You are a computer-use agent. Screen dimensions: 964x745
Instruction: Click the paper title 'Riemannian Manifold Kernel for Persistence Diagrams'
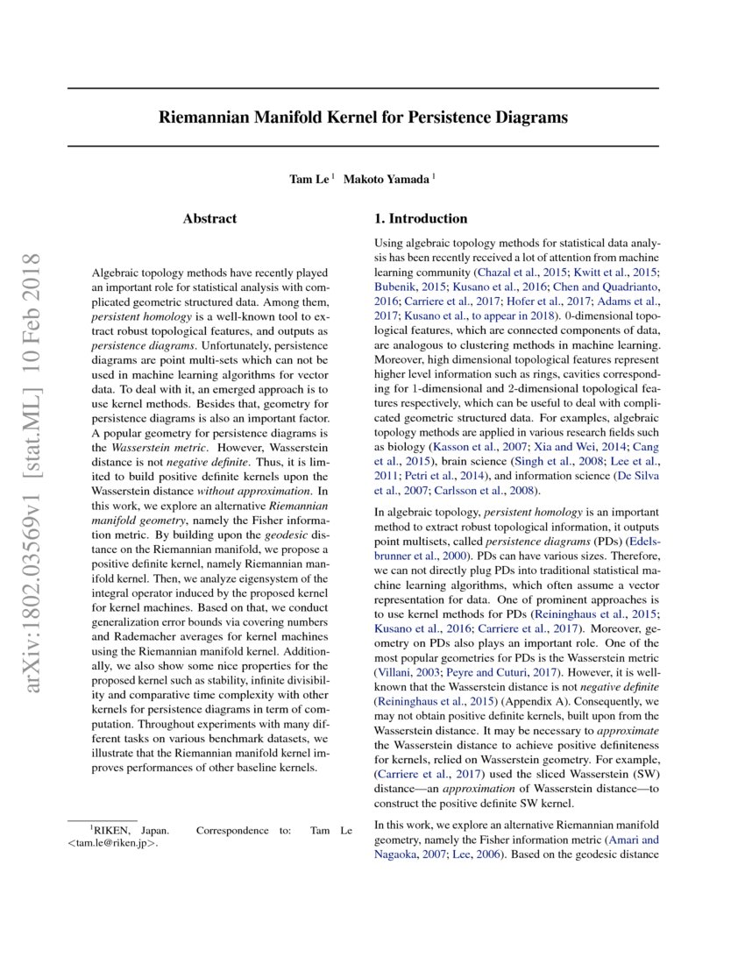tap(363, 117)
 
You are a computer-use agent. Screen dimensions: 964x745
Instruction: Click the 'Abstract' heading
tap(209, 218)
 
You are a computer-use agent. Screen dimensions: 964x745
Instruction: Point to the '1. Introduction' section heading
tap(421, 218)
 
